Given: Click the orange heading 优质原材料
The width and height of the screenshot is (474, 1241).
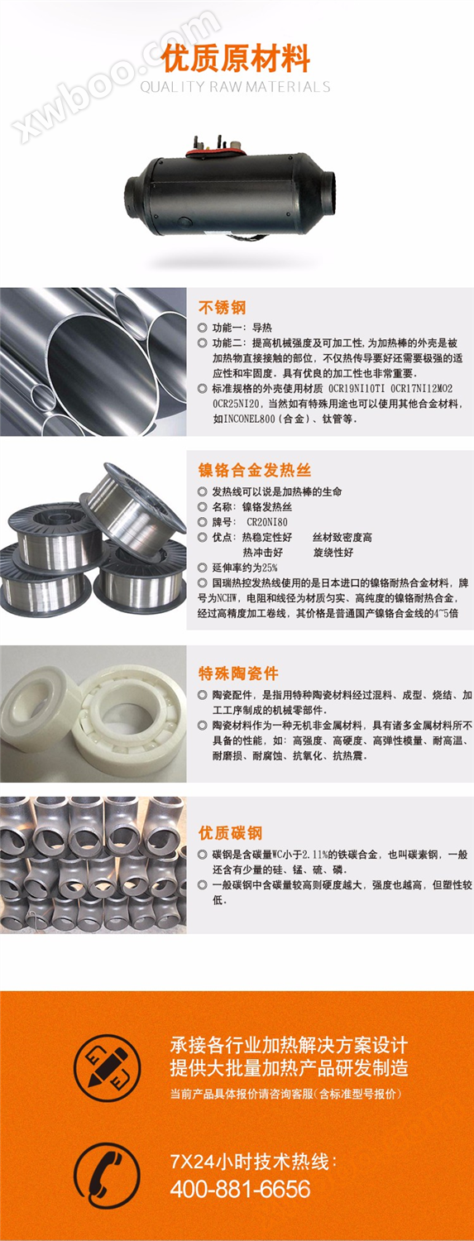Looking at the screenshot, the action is coord(235,59).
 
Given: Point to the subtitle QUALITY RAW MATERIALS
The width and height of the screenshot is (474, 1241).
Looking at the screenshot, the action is coord(235,87).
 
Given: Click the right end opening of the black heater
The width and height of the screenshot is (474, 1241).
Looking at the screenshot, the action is coord(327,192).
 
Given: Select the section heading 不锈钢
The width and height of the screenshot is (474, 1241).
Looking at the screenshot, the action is coord(222,308).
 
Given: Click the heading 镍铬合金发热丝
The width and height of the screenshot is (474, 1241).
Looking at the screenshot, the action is coord(255,471).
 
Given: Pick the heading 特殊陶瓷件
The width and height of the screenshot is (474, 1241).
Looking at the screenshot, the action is coord(238,673).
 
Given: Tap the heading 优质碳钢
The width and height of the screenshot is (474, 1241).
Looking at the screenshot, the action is coord(230,832).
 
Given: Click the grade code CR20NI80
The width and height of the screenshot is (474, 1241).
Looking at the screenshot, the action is coord(267,522).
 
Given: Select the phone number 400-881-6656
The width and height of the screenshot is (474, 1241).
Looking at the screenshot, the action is coord(241,1189).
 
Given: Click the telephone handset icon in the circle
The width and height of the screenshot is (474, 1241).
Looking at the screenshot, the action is coord(107,1176).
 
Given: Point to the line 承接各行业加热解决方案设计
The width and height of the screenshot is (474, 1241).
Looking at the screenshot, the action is coord(289,1046).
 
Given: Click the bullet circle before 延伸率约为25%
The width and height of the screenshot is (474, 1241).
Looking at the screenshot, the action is coord(202,568).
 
